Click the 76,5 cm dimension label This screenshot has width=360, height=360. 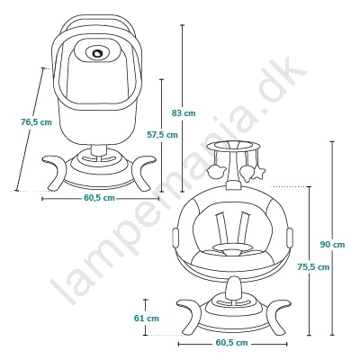point(36,122)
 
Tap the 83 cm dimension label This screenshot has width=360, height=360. point(184,112)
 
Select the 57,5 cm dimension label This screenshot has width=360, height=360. point(162,135)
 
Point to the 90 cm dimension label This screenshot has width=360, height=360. point(332,245)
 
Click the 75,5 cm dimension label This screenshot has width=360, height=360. point(313,266)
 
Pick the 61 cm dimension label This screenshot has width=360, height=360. point(147,318)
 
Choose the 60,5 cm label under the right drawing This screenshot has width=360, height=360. point(232,343)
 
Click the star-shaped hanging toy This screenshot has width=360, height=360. point(258,173)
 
